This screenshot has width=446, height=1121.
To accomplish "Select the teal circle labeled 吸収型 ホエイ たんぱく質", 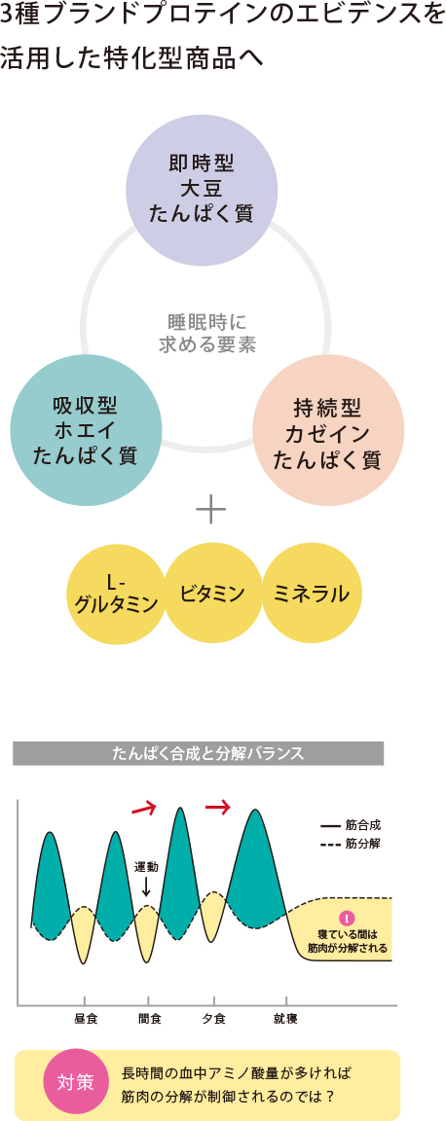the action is (85, 432).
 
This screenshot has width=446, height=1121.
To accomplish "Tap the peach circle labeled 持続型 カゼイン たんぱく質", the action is (326, 432).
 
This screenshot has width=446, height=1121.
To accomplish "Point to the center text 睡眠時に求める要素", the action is (206, 333).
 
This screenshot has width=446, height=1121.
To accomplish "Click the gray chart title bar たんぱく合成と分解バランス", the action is (199, 753).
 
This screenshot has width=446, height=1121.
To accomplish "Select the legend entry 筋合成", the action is (351, 825).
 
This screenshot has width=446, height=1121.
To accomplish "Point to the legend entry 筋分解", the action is (351, 844).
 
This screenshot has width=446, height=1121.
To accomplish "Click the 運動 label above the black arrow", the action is (146, 867).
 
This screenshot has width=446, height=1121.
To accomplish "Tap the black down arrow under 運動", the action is (146, 886).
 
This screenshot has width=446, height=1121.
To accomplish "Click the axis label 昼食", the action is (85, 1018).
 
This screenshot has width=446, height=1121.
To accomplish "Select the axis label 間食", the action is (149, 1018).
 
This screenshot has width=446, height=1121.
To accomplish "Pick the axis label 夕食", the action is (213, 1018).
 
